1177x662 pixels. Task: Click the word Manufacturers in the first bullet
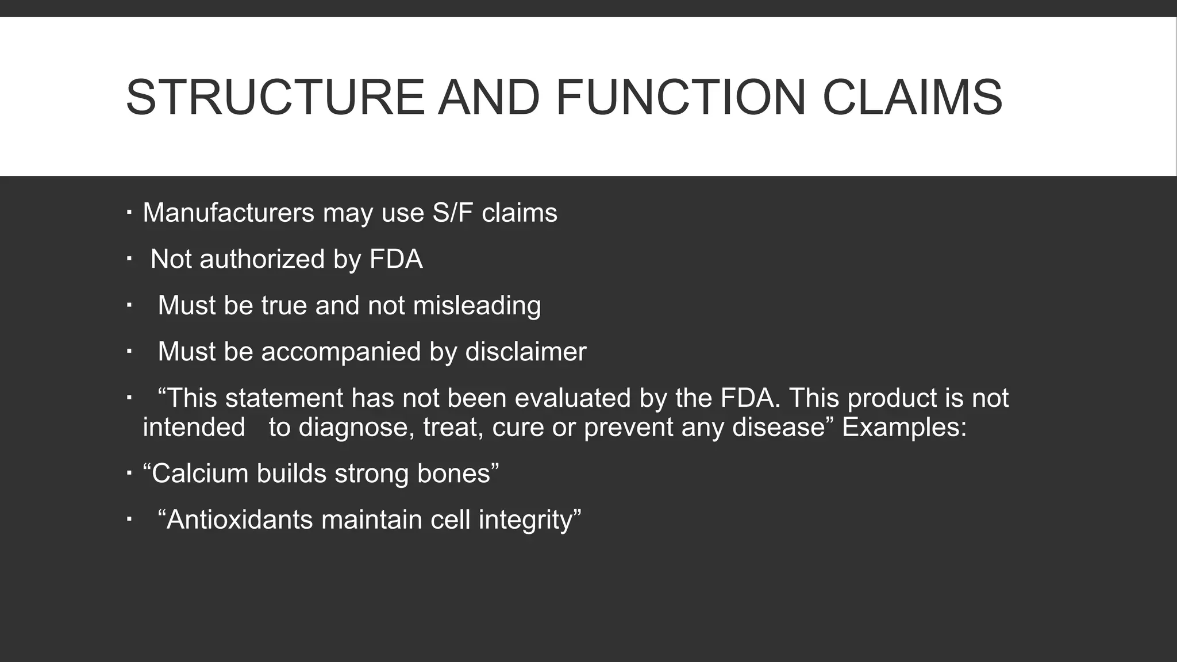pos(228,213)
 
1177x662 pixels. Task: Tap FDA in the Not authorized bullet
pos(396,259)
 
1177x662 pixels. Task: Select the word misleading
pos(477,305)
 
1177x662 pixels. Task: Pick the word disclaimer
pos(525,352)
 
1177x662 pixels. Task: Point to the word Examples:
pos(904,428)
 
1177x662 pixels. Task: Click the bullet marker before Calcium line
pos(129,474)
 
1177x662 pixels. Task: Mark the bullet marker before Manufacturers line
pos(129,213)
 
